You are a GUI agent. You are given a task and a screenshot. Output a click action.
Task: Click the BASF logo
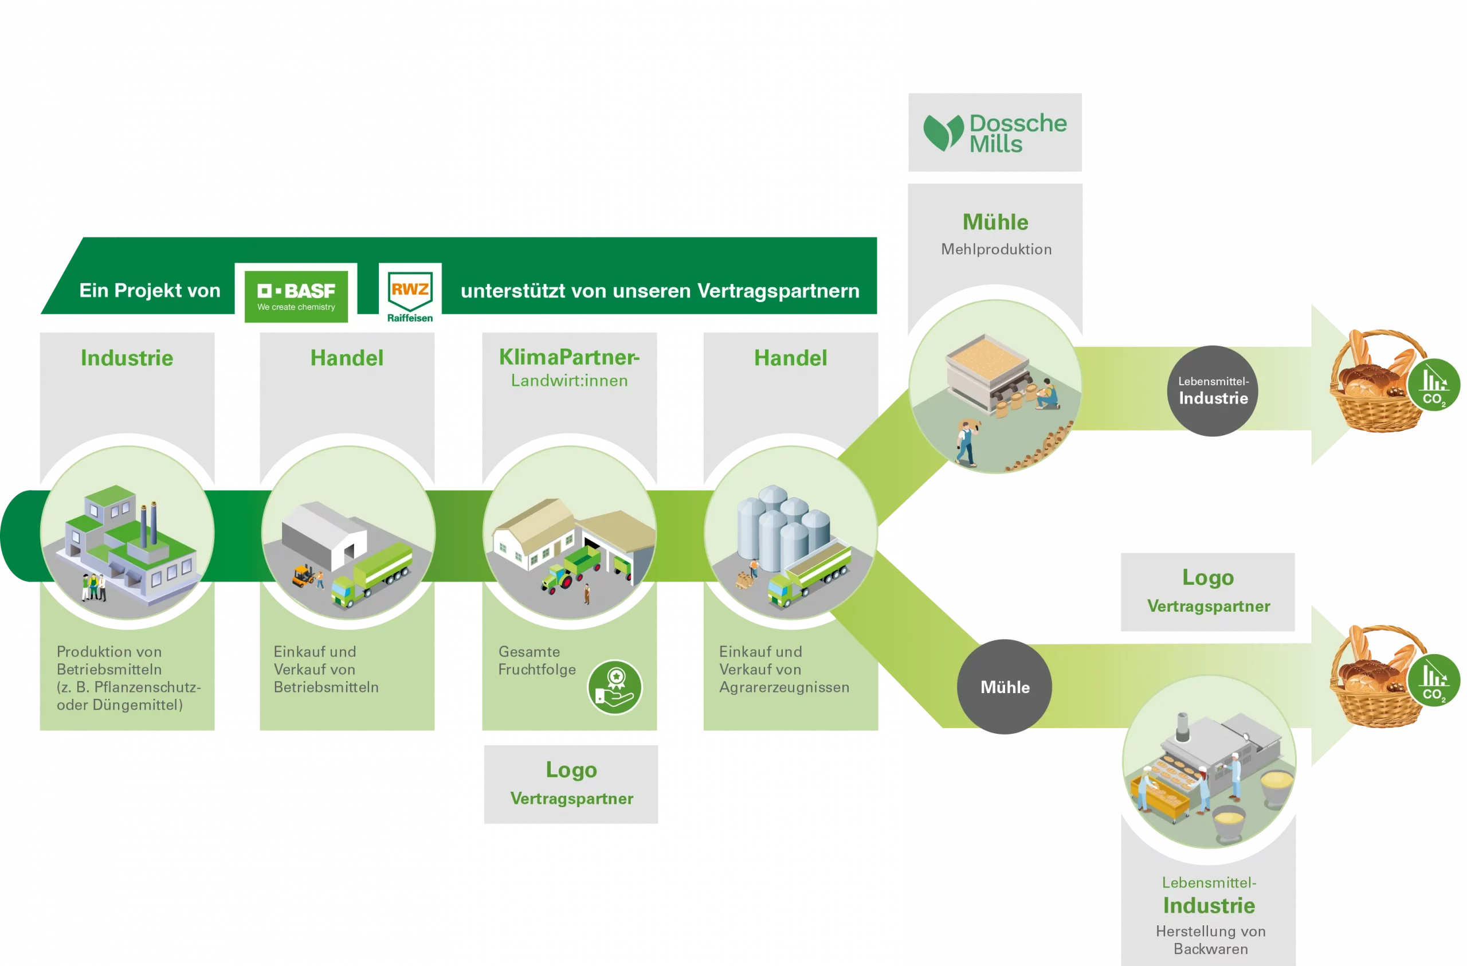(x=296, y=296)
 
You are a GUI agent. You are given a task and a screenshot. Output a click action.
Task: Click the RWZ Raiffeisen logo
(x=410, y=297)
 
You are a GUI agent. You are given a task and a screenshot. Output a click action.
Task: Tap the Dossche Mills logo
(x=995, y=132)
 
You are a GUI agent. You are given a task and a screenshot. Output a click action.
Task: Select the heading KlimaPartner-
(x=569, y=357)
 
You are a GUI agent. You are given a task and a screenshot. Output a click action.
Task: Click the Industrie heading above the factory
(x=127, y=358)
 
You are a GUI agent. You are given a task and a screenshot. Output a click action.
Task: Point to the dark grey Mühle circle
(x=1005, y=687)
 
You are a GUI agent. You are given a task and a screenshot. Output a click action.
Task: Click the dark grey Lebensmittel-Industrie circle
(x=1213, y=391)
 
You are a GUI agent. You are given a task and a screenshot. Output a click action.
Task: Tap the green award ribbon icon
(x=614, y=687)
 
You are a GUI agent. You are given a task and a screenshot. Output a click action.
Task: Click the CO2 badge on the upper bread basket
(x=1434, y=385)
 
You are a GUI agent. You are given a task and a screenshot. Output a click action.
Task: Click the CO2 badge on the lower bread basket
(x=1434, y=680)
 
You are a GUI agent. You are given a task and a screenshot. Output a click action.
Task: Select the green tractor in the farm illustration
(x=556, y=579)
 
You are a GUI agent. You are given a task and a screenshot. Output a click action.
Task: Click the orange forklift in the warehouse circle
(x=303, y=575)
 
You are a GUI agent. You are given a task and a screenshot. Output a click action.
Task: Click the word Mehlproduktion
(x=996, y=249)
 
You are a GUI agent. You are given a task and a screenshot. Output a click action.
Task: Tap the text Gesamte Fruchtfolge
(x=537, y=660)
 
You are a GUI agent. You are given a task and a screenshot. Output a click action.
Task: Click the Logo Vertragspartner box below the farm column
(x=571, y=784)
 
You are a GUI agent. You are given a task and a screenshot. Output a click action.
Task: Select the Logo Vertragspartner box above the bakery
(x=1207, y=591)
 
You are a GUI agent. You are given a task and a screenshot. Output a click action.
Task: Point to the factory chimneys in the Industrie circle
(x=148, y=524)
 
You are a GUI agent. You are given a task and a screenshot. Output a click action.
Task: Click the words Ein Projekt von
(x=150, y=290)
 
